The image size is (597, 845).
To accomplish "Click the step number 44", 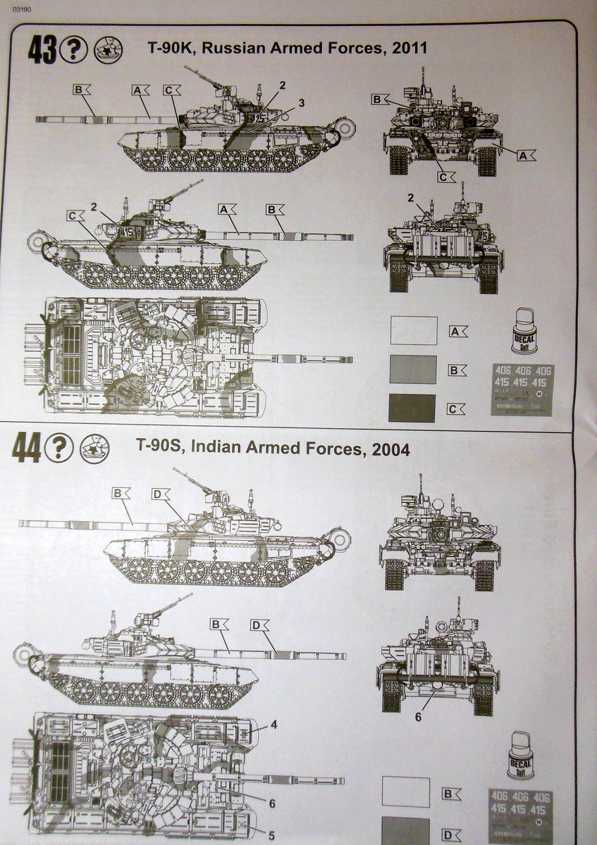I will click(27, 449).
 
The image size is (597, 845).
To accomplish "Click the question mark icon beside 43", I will click(74, 50).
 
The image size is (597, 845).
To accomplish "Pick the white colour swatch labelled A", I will click(413, 330).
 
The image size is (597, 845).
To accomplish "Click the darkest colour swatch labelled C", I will click(412, 408).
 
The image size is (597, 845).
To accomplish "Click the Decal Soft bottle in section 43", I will click(524, 331).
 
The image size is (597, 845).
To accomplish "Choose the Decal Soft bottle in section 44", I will click(520, 756).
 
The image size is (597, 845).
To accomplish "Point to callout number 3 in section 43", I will click(301, 104).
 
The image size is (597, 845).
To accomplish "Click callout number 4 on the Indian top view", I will click(273, 725).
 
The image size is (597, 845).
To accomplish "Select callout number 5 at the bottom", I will click(271, 837).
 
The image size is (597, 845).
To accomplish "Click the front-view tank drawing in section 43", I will click(443, 132).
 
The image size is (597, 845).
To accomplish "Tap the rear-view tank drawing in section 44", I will click(438, 662).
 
